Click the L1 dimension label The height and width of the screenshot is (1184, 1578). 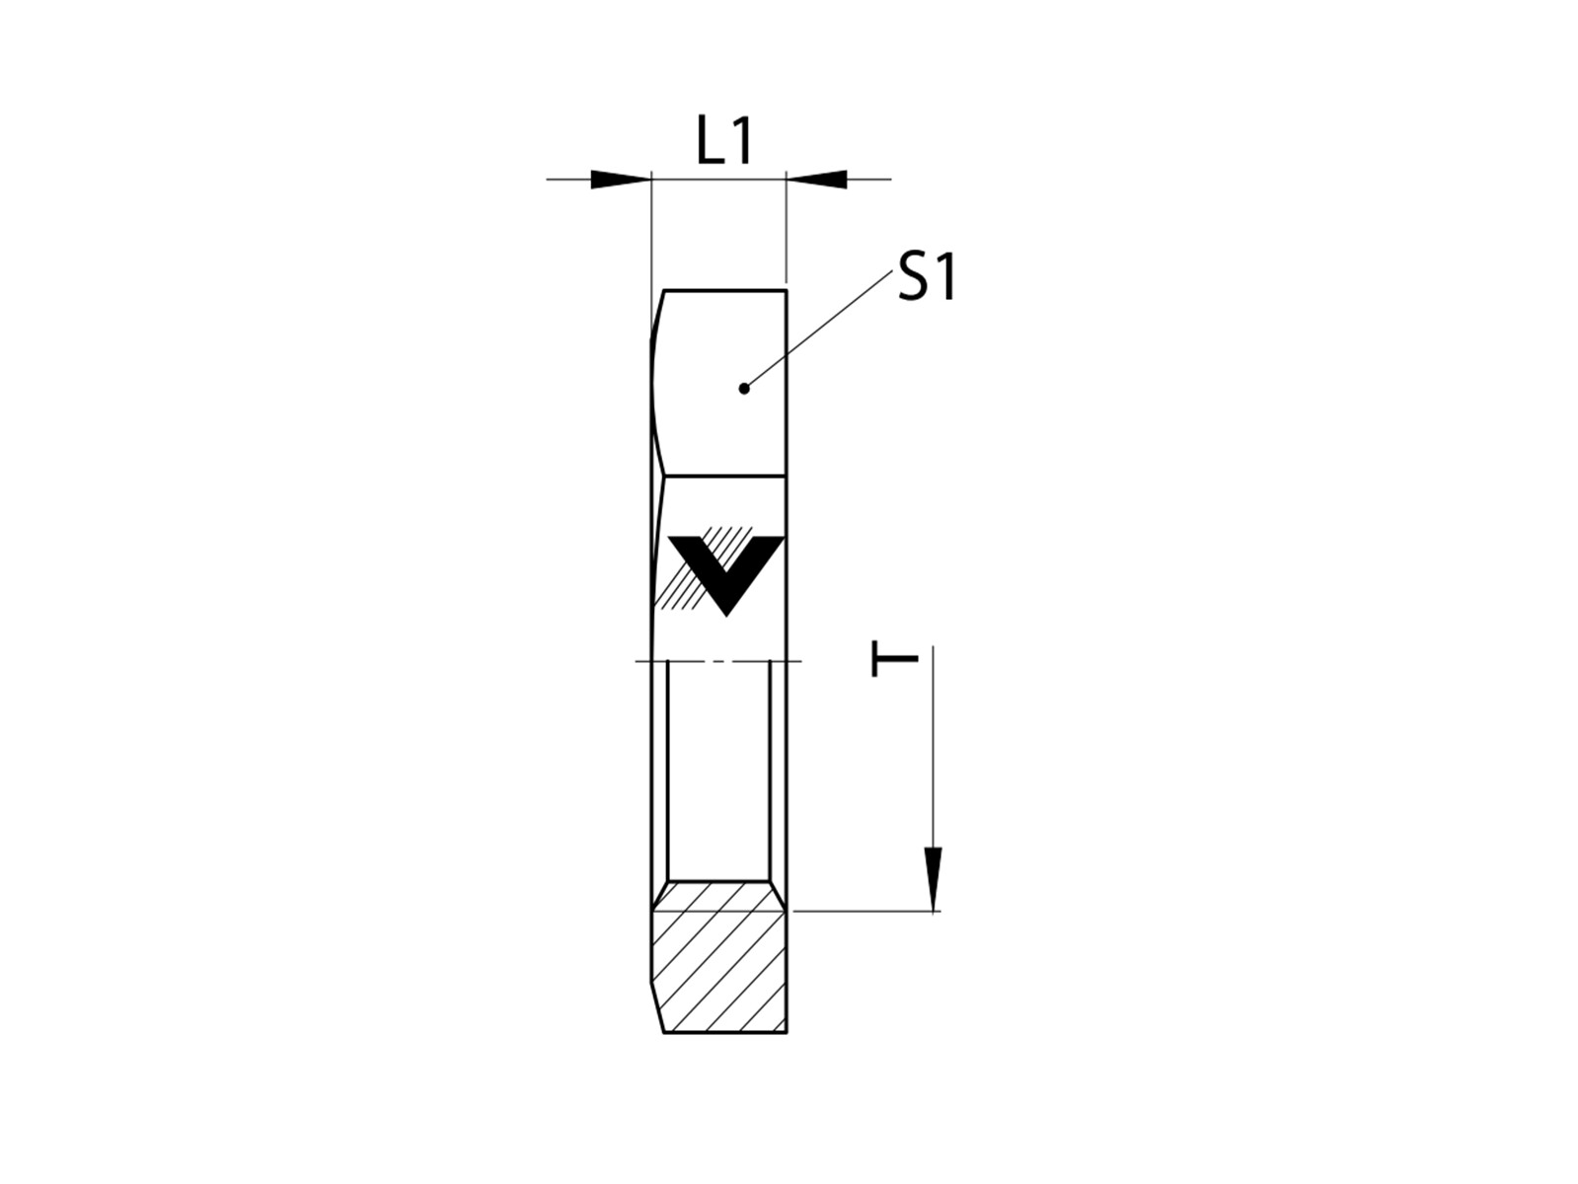pos(724,141)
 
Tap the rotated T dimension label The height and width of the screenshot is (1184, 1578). pos(894,657)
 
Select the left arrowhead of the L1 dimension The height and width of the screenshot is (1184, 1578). pos(621,179)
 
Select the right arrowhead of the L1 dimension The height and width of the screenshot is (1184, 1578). pos(817,179)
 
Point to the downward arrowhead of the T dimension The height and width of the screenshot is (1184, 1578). pos(934,879)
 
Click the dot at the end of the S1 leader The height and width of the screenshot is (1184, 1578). pos(744,389)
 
